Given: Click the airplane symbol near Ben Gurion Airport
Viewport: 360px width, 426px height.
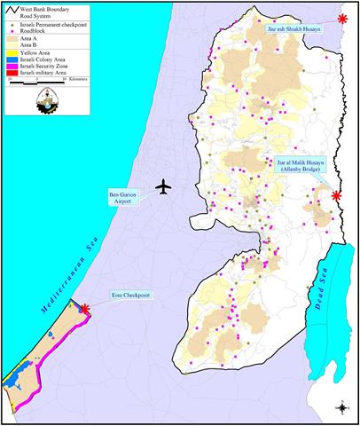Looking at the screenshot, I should pyautogui.click(x=162, y=187).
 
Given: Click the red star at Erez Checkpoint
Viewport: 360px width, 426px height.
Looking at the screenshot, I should pyautogui.click(x=84, y=308).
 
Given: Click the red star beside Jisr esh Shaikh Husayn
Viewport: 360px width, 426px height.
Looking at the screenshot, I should pyautogui.click(x=342, y=18).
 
